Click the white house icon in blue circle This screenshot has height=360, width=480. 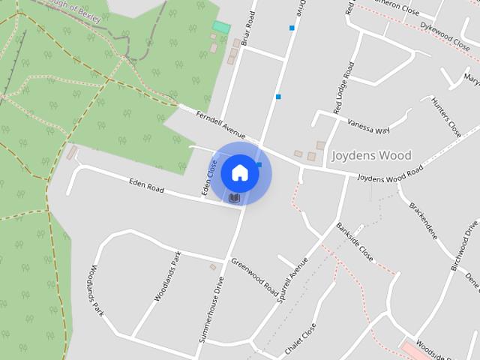point(239,172)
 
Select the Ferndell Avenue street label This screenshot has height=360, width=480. point(220,124)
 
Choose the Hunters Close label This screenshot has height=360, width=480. point(445,117)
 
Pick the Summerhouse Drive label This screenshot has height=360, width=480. point(211,310)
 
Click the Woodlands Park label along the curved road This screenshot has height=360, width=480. point(94,289)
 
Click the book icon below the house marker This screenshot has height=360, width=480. point(235,198)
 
